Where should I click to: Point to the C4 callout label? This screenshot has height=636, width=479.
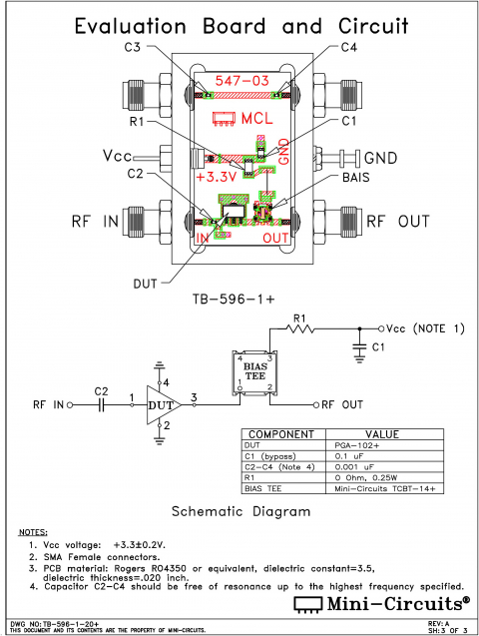348,47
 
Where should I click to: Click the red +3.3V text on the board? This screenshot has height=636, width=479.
220,176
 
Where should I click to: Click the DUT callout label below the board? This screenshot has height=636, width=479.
146,283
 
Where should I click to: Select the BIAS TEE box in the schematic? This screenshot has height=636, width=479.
252,371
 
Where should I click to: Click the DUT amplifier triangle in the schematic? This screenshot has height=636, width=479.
160,405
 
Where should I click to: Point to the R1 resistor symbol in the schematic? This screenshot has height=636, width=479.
299,327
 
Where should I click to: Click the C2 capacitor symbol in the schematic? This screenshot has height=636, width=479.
101,405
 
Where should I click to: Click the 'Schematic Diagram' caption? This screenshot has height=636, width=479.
239,511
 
